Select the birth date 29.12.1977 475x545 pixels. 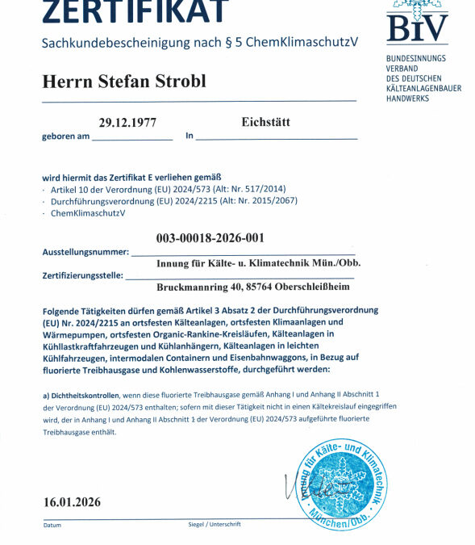click(x=127, y=124)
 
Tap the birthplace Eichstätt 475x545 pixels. click(x=265, y=123)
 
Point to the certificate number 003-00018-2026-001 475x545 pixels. click(x=210, y=238)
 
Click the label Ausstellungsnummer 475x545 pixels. click(x=85, y=253)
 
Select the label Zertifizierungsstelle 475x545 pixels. click(x=82, y=276)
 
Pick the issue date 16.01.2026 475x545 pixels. click(x=73, y=502)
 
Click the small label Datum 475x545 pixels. click(x=52, y=526)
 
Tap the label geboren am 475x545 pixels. click(x=65, y=136)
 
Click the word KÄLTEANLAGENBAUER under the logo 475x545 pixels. click(x=424, y=88)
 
